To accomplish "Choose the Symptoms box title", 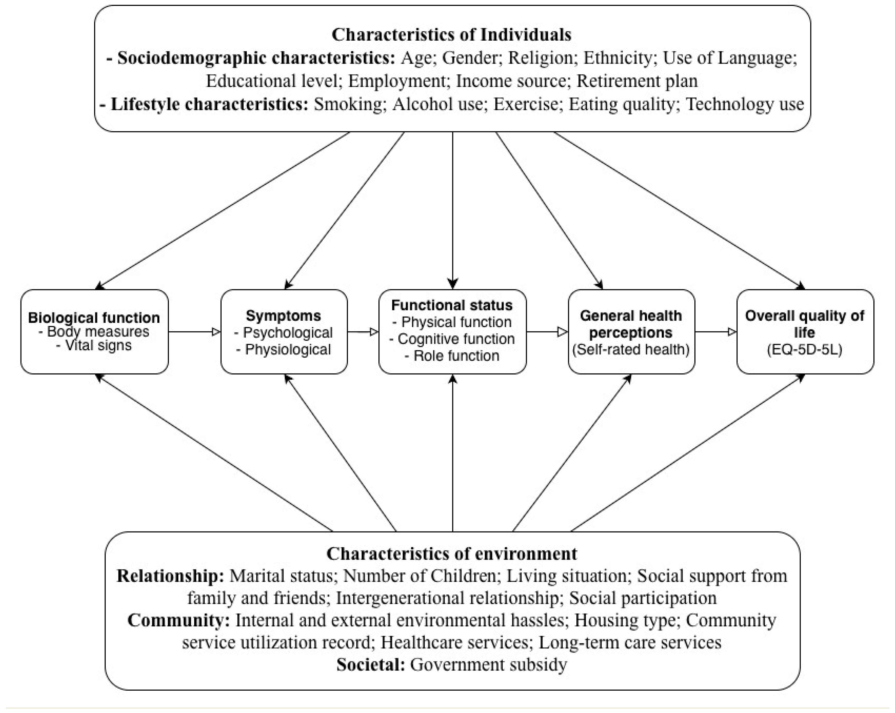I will pos(284,315).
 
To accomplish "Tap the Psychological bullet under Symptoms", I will pos(284,333).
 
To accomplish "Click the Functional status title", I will pos(452,305).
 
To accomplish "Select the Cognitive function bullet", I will pos(452,339).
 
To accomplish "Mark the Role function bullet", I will pos(452,356).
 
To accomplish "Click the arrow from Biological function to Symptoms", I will pos(194,332).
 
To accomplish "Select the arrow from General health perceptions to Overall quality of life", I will pos(715,332).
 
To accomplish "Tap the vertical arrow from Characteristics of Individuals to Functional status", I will pos(453,208).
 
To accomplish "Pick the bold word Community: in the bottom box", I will pos(178,620).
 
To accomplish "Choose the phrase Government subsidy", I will pos(488,664).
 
